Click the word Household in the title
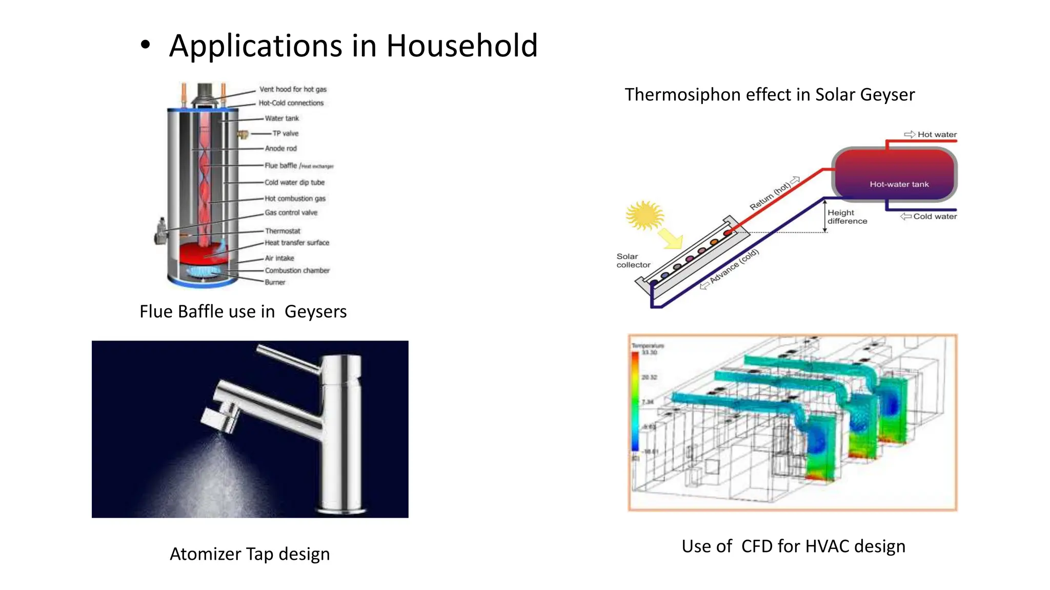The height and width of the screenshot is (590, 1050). pos(461,46)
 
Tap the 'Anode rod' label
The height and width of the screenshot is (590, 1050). pos(280,149)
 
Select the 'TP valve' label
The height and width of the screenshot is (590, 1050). pos(285,133)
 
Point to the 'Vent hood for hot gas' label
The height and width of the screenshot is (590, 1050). pos(293,89)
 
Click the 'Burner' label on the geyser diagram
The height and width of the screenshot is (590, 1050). pos(275,282)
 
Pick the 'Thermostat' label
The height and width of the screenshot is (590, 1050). pos(282,231)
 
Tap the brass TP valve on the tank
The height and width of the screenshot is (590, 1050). pos(243,135)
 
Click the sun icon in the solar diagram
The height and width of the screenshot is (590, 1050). pos(644,215)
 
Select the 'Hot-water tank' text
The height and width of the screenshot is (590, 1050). pos(899,184)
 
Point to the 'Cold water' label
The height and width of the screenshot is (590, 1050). pos(935,217)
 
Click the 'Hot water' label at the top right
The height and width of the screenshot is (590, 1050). pos(937,135)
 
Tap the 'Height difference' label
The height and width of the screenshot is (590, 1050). pos(847,217)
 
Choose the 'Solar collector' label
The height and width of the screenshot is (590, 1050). pos(633,260)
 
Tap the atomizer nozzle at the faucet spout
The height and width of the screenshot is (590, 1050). pos(219,419)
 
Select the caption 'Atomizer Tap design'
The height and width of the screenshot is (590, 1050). pos(250,554)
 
